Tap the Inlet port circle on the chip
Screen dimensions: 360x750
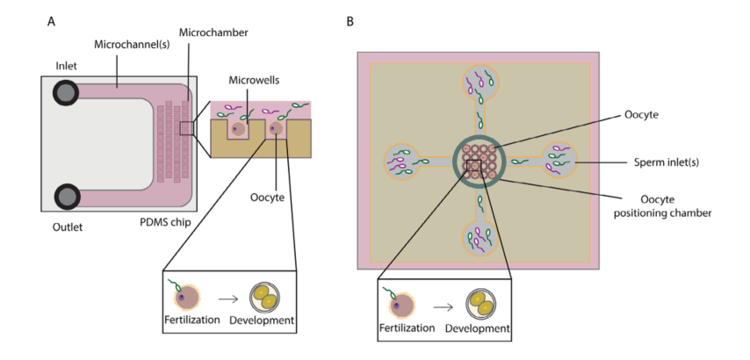point(67,92)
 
